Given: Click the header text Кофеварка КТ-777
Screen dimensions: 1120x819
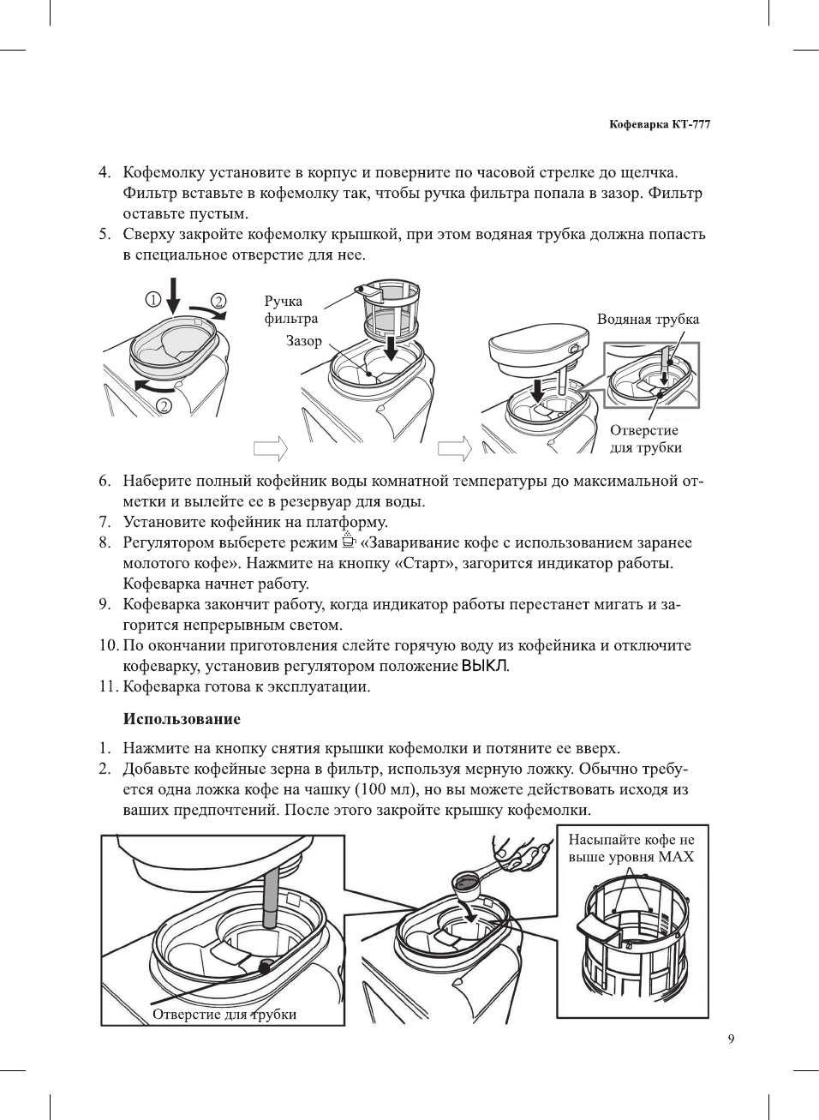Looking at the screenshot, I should (x=659, y=124).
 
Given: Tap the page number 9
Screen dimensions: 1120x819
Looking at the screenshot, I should (x=731, y=1039).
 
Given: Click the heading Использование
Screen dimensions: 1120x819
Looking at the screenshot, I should (x=182, y=719).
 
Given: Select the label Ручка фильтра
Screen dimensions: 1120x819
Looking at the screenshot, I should (x=290, y=309).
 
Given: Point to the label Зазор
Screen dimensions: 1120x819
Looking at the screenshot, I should (x=304, y=341).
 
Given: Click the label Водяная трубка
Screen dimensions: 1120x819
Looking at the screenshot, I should (x=648, y=320).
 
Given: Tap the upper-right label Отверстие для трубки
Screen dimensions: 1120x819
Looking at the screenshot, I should (x=645, y=439).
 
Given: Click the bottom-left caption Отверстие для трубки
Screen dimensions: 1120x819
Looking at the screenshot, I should (x=224, y=1015).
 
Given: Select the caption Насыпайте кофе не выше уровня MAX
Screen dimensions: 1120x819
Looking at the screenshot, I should (x=631, y=848).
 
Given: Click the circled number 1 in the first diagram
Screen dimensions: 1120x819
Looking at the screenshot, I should (x=152, y=299).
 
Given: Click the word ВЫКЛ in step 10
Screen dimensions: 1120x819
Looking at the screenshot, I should (x=485, y=666).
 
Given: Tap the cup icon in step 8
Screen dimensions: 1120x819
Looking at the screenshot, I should (x=348, y=541).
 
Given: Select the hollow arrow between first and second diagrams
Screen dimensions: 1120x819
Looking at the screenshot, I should (x=270, y=448).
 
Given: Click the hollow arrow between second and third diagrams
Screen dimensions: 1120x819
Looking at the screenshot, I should (x=455, y=448).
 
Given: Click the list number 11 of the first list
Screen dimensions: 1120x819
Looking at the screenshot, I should (x=107, y=686).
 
